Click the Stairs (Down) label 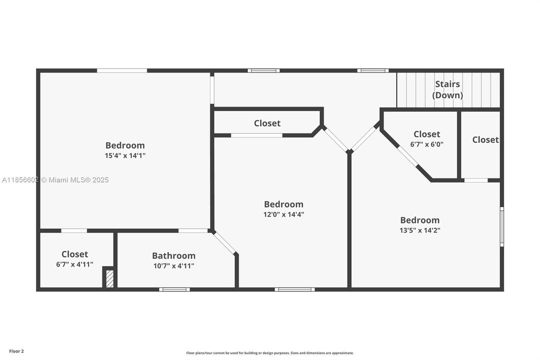447,89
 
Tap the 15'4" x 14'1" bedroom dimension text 125,155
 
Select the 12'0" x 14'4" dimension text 284,214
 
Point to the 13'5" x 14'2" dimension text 420,230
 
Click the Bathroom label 174,255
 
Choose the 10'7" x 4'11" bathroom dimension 174,266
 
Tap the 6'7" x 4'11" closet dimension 75,264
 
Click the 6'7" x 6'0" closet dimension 427,144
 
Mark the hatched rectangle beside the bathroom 110,278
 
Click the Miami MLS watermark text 55,180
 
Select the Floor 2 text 16,351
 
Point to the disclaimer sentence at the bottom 270,353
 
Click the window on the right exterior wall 502,226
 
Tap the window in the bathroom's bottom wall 174,289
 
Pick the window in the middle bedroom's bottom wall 295,289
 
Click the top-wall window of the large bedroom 122,70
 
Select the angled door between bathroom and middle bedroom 225,243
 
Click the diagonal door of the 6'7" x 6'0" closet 408,156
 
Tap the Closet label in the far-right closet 485,139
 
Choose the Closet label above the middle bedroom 267,123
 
